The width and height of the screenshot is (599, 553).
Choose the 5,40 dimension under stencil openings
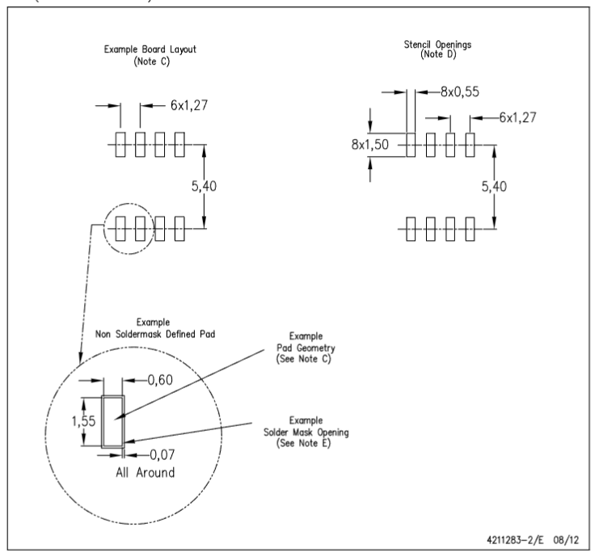pyautogui.click(x=496, y=186)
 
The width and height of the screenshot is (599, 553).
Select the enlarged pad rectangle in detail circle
pyautogui.click(x=112, y=420)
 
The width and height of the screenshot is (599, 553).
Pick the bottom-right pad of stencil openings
pyautogui.click(x=470, y=228)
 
